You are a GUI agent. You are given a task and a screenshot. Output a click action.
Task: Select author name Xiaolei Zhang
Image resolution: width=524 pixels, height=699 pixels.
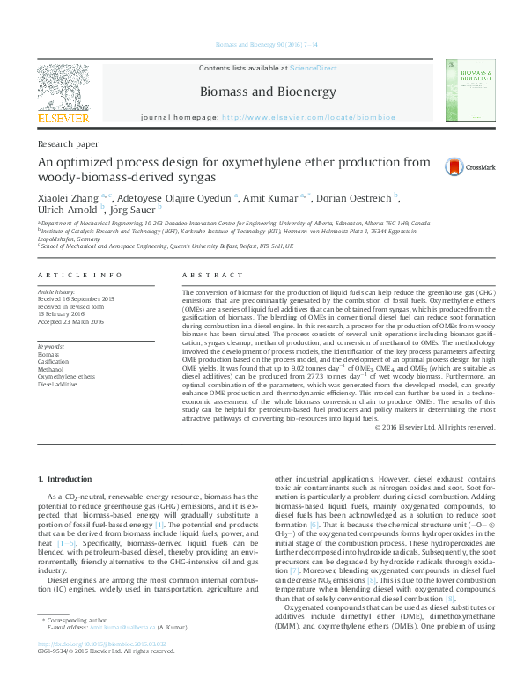click(68, 198)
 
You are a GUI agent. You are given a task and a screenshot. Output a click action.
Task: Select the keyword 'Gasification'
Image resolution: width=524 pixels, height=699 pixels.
click(55, 362)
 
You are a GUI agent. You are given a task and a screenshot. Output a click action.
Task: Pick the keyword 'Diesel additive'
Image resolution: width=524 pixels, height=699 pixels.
click(56, 385)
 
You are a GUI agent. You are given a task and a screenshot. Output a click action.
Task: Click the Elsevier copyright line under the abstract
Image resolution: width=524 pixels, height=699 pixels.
click(434, 428)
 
